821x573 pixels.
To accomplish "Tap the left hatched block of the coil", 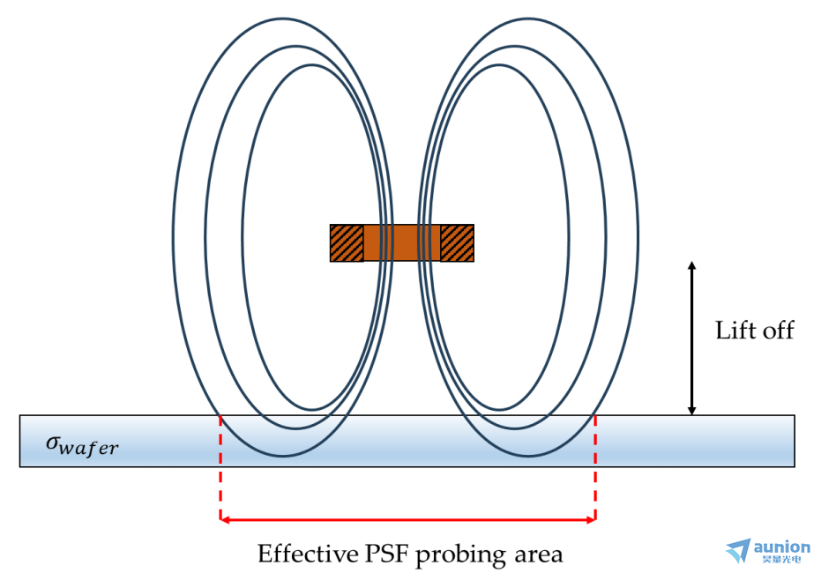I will click(347, 243).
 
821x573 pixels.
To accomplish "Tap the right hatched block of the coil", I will click(457, 243).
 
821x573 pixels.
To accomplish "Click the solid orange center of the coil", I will click(401, 243).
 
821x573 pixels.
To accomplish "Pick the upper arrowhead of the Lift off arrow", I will click(692, 266).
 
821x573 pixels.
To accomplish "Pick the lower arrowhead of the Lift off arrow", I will click(692, 410).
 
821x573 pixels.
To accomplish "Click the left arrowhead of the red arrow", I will click(225, 520).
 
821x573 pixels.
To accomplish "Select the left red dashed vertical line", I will click(220, 467).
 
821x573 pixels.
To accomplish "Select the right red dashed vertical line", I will click(596, 467).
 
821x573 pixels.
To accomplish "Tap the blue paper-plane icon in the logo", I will click(739, 551).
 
